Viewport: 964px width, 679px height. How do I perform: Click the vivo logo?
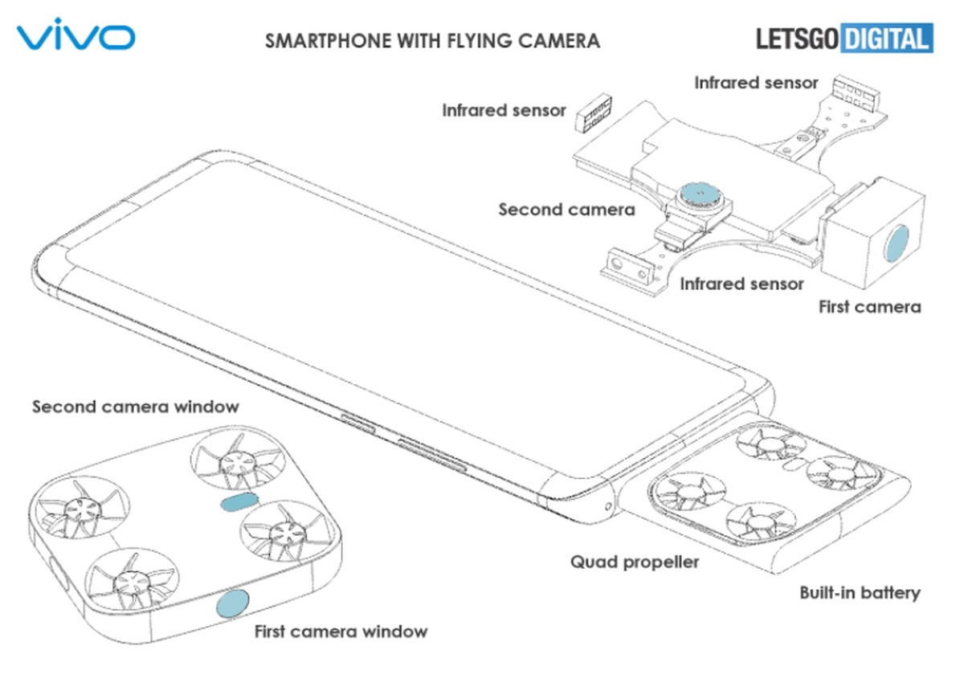pyautogui.click(x=76, y=37)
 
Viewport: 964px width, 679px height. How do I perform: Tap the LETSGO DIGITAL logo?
pyautogui.click(x=844, y=38)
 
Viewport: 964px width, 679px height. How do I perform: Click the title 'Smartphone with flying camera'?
pyautogui.click(x=432, y=40)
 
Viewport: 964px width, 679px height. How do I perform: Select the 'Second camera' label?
pyautogui.click(x=566, y=210)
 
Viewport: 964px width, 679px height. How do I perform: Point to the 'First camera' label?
pyautogui.click(x=869, y=306)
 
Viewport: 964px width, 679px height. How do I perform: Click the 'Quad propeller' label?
pyautogui.click(x=635, y=561)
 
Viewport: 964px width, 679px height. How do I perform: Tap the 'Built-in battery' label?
pyautogui.click(x=860, y=593)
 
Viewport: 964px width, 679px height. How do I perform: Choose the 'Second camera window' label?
pyautogui.click(x=135, y=407)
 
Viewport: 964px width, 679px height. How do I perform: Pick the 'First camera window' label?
pyautogui.click(x=341, y=631)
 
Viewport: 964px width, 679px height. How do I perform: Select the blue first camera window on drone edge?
pyautogui.click(x=232, y=603)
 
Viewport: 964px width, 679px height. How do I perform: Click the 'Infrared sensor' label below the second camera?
pyautogui.click(x=741, y=284)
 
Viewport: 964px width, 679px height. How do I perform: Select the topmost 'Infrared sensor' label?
pyautogui.click(x=756, y=82)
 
